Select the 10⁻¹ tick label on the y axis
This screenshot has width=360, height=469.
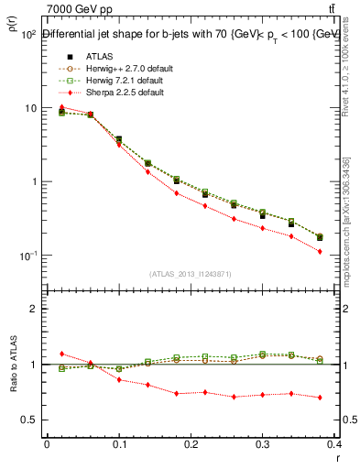click(27, 256)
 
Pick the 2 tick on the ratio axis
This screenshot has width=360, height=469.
click(33, 309)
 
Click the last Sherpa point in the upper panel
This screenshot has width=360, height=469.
click(345, 251)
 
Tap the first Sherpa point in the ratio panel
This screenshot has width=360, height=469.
click(61, 354)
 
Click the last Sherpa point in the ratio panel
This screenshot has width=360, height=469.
click(345, 398)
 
